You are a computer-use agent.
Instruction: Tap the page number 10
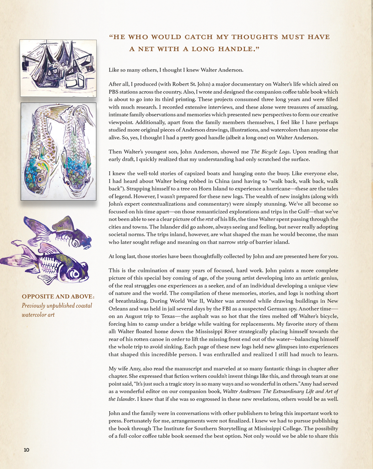pyautogui.click(x=27, y=450)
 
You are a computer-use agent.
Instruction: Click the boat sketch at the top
pyautogui.click(x=58, y=68)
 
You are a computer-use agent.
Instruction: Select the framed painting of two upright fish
pyautogui.click(x=58, y=151)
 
